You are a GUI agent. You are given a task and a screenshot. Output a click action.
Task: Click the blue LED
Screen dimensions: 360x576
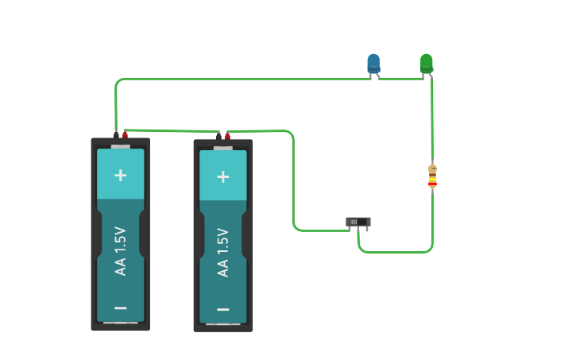point(373,63)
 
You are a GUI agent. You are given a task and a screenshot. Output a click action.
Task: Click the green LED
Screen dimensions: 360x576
point(427,62)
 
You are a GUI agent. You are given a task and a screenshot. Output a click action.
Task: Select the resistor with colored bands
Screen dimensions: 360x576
point(432,176)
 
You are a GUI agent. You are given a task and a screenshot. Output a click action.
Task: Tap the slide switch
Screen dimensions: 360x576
point(358,222)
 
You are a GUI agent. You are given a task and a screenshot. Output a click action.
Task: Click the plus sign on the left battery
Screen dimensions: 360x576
point(121,175)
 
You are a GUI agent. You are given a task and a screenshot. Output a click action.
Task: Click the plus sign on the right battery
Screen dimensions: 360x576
point(223,176)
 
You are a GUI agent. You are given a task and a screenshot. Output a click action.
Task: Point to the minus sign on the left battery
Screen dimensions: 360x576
point(121,308)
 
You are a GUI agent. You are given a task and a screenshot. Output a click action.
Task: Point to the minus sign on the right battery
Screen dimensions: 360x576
point(223,309)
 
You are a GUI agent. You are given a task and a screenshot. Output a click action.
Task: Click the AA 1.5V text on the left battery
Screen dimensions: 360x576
point(121,251)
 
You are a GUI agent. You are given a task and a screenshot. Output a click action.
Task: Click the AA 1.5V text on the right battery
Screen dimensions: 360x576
point(223,253)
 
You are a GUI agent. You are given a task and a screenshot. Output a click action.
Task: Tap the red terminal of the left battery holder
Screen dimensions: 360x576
point(125,134)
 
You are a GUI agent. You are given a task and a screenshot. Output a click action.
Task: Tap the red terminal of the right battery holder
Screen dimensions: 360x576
point(226,135)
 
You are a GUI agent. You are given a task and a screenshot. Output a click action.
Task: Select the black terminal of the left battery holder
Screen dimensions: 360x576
point(116,134)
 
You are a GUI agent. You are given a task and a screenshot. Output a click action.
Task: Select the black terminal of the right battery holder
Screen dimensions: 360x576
point(218,136)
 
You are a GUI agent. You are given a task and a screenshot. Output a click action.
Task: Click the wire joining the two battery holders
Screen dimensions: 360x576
point(171,131)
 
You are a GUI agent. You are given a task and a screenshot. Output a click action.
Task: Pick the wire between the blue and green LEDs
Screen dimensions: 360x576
point(401,78)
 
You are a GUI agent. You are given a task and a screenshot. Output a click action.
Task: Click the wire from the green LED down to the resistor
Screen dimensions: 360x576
point(432,119)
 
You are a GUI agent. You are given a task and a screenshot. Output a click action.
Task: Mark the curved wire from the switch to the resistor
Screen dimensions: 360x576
point(397,252)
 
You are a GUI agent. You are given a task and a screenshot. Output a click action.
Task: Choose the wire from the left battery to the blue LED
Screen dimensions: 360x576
point(238,79)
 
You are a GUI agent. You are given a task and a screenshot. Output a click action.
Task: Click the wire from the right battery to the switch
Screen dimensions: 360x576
point(293,183)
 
